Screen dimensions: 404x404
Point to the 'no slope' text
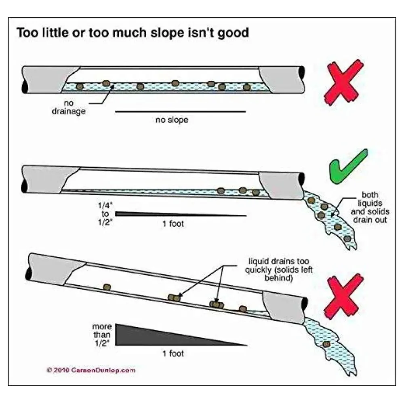pyautogui.click(x=172, y=120)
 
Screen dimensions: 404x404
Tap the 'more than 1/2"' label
pyautogui.click(x=102, y=333)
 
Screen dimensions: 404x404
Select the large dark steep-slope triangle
pyautogui.click(x=154, y=335)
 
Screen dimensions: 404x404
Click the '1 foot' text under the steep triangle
pyautogui.click(x=173, y=353)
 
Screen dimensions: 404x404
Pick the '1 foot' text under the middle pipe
pyautogui.click(x=173, y=223)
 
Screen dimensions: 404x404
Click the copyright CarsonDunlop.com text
pyautogui.click(x=91, y=369)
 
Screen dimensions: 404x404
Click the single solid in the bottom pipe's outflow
pyautogui.click(x=326, y=343)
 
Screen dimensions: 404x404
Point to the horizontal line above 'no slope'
pyautogui.click(x=180, y=111)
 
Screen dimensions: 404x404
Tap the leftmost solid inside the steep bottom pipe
pyautogui.click(x=107, y=287)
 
